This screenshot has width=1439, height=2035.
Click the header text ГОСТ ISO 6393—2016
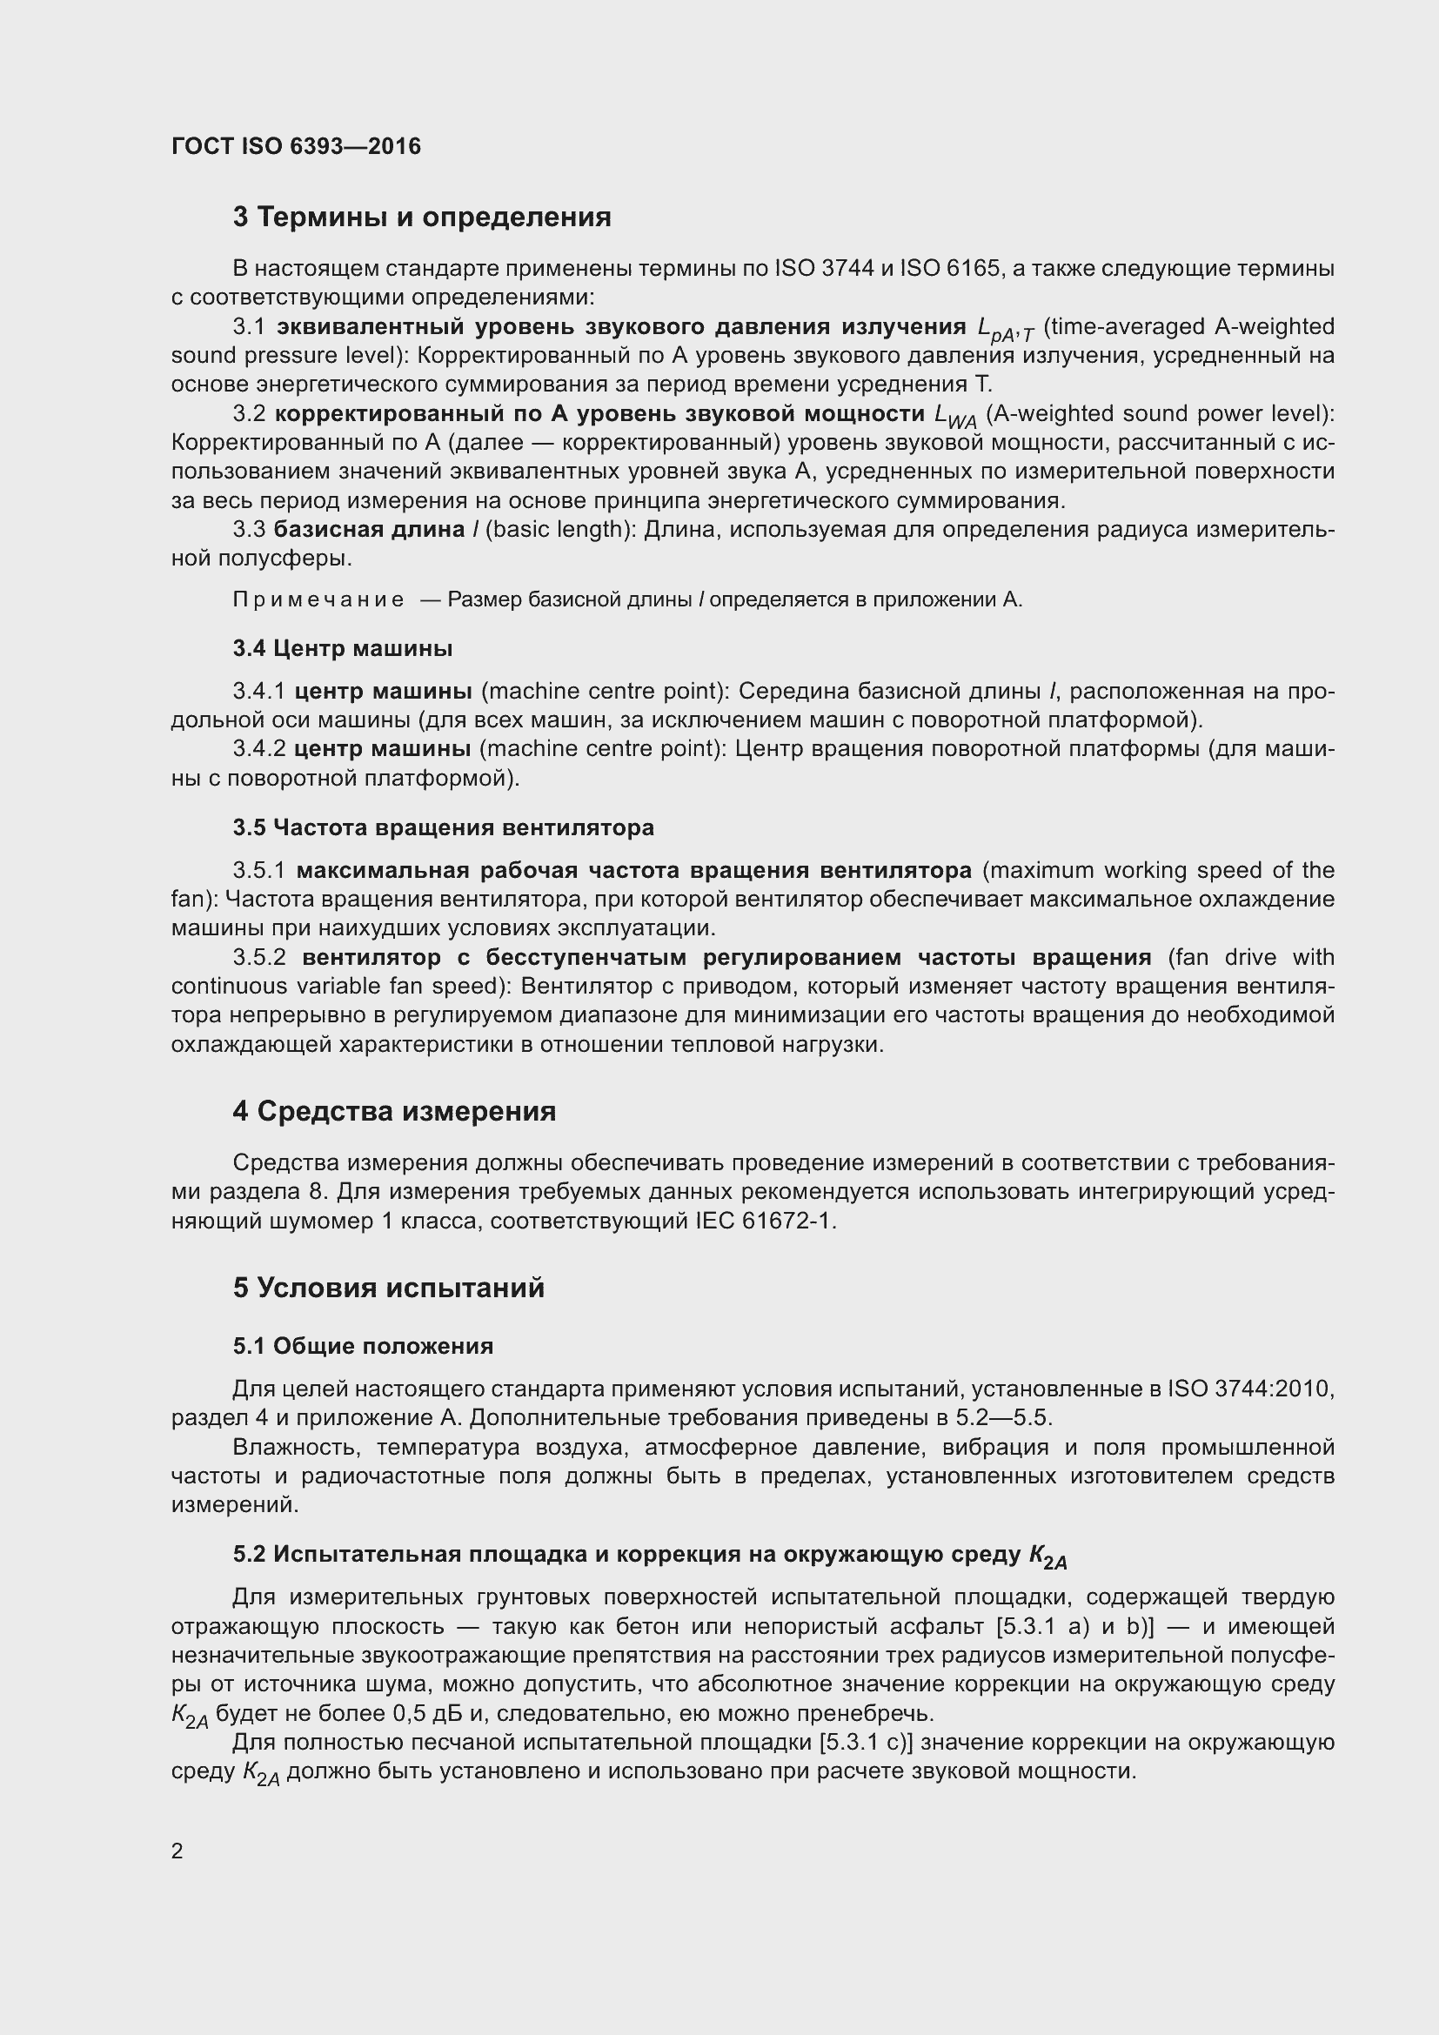pos(296,146)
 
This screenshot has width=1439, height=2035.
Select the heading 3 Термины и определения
pos(422,218)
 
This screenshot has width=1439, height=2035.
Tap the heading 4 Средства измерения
pos(394,1111)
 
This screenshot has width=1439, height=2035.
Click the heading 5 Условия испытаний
pos(388,1288)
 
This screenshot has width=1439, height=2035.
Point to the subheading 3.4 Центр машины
pos(343,648)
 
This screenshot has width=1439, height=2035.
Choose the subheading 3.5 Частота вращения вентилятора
pos(443,827)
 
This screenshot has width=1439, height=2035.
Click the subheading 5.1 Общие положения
pos(363,1345)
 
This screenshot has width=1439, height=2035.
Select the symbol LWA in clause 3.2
pos(955,416)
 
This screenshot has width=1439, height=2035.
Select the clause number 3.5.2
pos(259,957)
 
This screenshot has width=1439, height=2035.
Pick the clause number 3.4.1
pos(259,691)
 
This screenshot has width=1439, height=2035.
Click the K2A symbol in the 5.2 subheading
pos(1048,1556)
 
